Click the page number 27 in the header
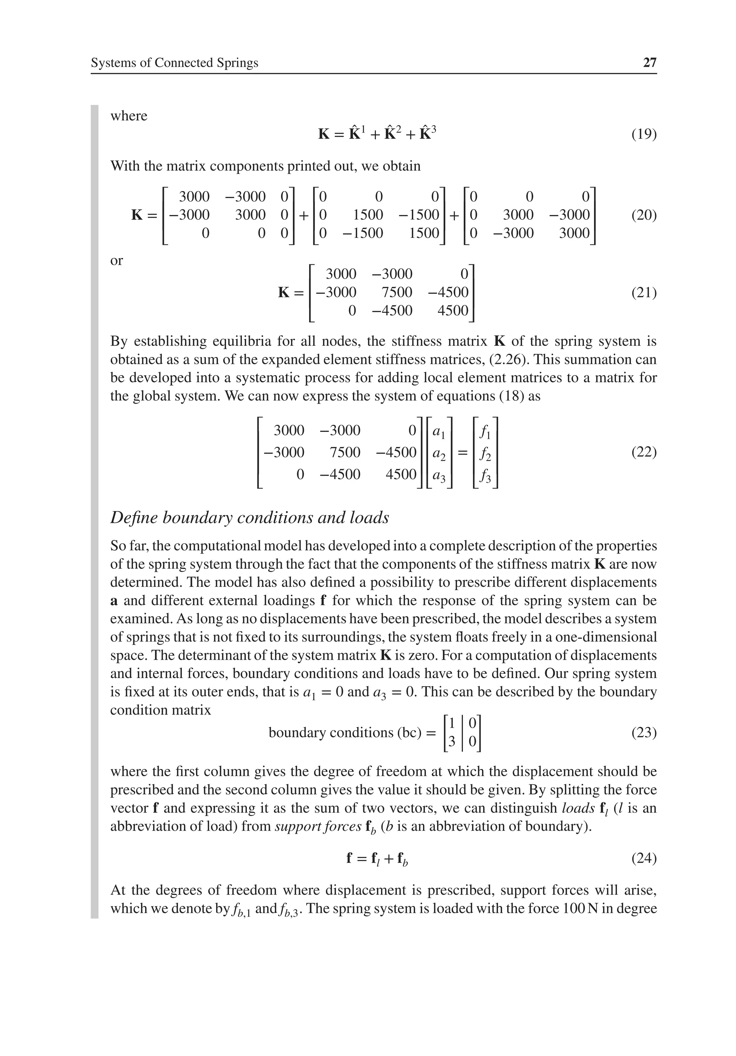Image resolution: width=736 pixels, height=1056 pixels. [649, 62]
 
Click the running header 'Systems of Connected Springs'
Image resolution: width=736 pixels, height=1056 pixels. [174, 62]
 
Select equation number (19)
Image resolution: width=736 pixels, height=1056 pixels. [644, 134]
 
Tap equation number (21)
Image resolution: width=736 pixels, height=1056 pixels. [644, 292]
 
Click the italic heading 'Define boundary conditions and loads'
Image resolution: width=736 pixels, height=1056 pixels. [249, 518]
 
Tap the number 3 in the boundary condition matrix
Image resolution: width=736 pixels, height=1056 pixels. [451, 741]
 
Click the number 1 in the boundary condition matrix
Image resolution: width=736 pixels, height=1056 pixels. [451, 723]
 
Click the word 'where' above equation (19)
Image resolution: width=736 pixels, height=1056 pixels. [129, 116]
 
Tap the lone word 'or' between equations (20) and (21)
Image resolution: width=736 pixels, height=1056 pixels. [116, 260]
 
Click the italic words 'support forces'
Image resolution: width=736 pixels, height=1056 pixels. [318, 826]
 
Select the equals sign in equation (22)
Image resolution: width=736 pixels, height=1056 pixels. [463, 453]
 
